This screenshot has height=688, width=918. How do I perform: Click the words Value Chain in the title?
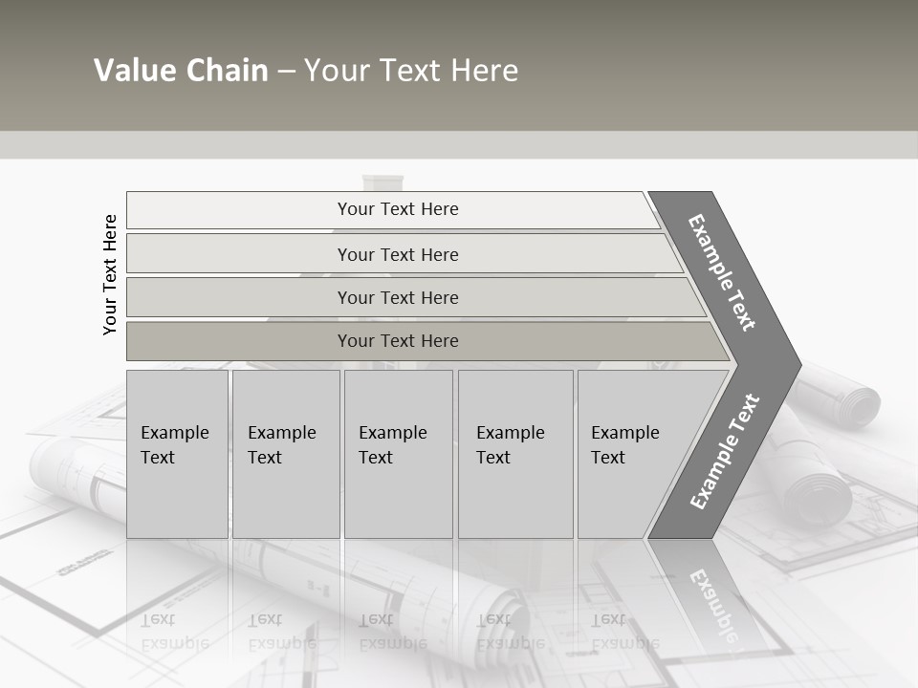(181, 71)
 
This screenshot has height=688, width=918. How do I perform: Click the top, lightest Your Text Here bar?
(397, 209)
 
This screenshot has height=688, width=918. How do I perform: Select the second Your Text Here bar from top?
(397, 254)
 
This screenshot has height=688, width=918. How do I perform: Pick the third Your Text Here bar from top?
(397, 297)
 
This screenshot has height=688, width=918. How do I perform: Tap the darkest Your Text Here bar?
(397, 341)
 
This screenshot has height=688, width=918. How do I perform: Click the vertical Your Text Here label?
(110, 274)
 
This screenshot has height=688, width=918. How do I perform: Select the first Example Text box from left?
(177, 454)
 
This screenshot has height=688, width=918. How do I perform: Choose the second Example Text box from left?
(286, 454)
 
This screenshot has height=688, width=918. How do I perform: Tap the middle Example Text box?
(398, 454)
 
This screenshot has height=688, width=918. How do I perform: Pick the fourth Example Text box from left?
(515, 454)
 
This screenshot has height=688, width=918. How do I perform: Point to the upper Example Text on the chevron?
(722, 272)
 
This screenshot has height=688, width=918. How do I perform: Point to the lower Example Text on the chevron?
(724, 452)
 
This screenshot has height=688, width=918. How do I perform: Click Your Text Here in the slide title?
(411, 71)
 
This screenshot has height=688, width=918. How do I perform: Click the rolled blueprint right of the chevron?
(841, 392)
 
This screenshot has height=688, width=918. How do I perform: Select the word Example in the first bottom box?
(174, 433)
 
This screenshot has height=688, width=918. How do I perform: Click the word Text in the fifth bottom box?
(608, 458)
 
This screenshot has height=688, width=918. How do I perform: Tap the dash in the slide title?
(286, 71)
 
